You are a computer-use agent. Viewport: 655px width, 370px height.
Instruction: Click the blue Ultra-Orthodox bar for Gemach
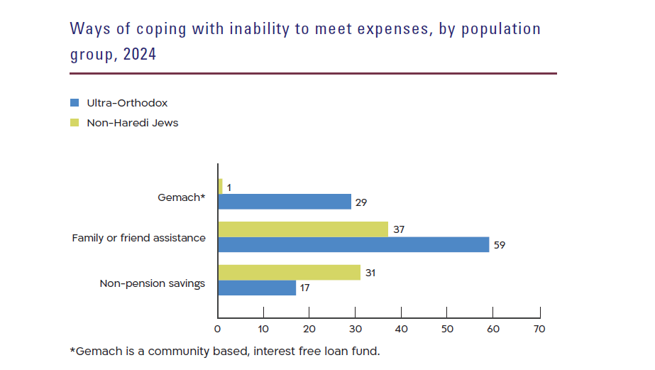pos(284,202)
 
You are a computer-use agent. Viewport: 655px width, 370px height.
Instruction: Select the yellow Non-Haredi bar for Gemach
pos(220,186)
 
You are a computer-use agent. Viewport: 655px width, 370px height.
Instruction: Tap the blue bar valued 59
pos(353,244)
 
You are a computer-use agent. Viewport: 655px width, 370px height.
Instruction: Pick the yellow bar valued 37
pos(303,229)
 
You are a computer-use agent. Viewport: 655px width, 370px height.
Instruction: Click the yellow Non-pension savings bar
pos(289,272)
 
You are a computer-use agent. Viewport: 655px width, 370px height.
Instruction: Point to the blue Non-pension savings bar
pos(256,288)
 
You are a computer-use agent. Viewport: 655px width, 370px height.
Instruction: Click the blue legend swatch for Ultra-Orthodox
pos(75,103)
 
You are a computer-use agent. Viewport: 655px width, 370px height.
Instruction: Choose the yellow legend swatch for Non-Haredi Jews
pos(75,123)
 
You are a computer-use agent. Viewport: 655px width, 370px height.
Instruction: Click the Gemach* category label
pos(181,197)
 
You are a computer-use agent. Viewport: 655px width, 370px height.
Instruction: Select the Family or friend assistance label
pos(138,238)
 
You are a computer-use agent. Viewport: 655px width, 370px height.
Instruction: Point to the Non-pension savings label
pos(152,283)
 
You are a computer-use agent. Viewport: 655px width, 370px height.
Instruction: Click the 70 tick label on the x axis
pos(539,329)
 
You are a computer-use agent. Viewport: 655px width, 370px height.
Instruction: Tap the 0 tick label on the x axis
pos(217,329)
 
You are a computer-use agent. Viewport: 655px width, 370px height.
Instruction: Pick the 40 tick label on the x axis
pos(401,329)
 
